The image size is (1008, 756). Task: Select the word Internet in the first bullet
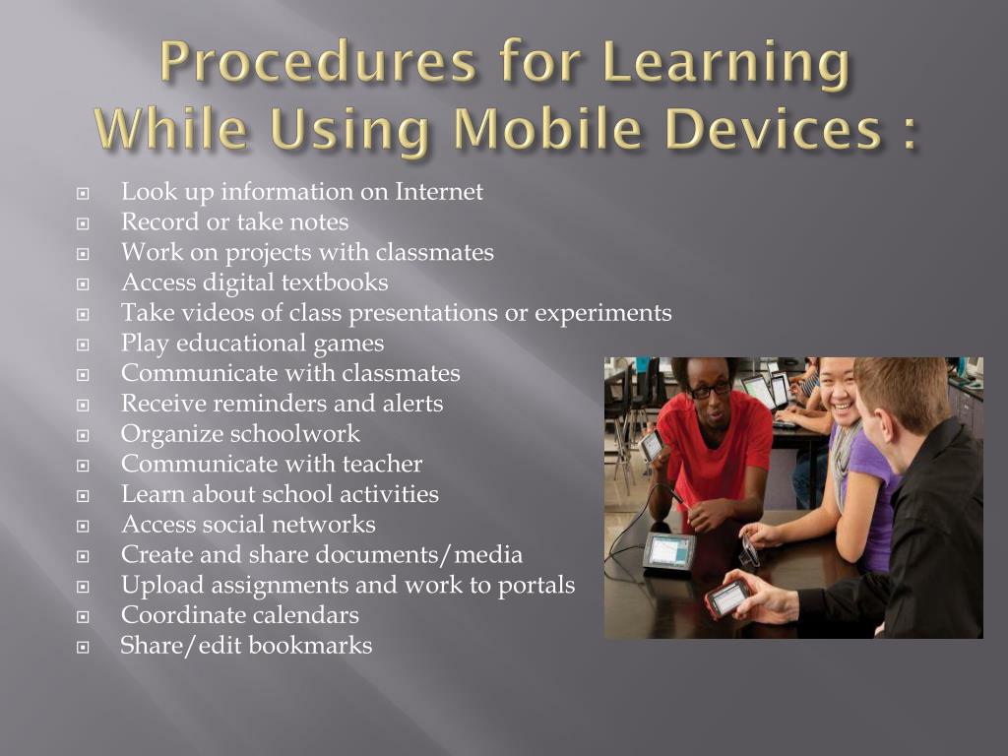[439, 192]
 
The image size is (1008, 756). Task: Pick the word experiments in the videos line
[603, 314]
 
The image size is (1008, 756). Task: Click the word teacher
[381, 465]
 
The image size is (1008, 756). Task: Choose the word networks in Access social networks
[329, 525]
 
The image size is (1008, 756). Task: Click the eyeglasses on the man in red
[709, 389]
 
